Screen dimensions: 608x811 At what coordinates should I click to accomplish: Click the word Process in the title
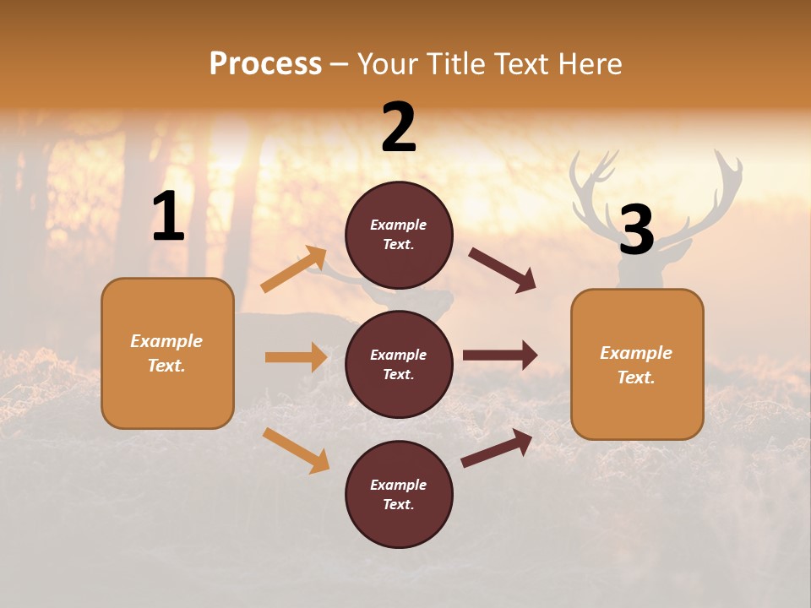click(265, 64)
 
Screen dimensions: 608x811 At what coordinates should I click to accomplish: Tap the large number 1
click(168, 217)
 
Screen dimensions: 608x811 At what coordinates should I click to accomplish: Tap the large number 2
click(399, 128)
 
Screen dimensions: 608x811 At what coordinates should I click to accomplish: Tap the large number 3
click(636, 230)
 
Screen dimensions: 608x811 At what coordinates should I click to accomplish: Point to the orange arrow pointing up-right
click(294, 270)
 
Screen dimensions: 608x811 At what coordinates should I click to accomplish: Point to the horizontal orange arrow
click(296, 357)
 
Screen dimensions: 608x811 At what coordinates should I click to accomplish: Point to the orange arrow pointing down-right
click(296, 450)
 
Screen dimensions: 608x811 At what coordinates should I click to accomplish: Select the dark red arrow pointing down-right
click(503, 270)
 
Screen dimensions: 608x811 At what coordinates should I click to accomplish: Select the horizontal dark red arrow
click(500, 356)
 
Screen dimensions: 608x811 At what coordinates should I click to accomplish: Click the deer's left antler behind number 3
click(595, 186)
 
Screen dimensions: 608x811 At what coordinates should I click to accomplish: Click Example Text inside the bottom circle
click(399, 495)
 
